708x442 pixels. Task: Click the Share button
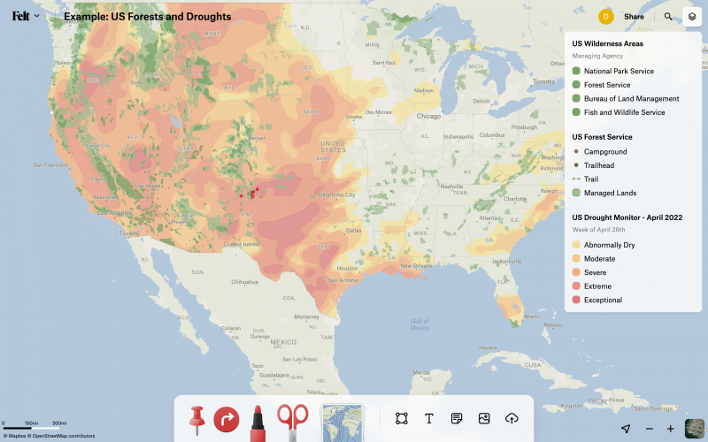point(634,17)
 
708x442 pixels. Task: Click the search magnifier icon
point(668,17)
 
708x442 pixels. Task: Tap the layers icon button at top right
point(692,17)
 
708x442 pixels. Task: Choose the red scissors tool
point(292,419)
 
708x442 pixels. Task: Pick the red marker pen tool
point(258,419)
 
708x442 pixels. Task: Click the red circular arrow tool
point(227,418)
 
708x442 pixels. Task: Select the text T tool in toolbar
point(429,418)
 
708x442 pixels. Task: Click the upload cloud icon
point(512,418)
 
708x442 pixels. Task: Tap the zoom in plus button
point(671,429)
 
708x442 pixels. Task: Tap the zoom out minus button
point(649,429)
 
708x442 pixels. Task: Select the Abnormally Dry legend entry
point(609,245)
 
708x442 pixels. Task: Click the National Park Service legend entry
point(619,71)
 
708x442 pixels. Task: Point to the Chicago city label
point(428,117)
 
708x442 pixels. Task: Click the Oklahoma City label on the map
point(338,194)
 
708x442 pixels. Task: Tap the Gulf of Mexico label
point(419,324)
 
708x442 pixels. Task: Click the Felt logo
point(20,16)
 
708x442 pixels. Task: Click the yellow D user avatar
point(606,17)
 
